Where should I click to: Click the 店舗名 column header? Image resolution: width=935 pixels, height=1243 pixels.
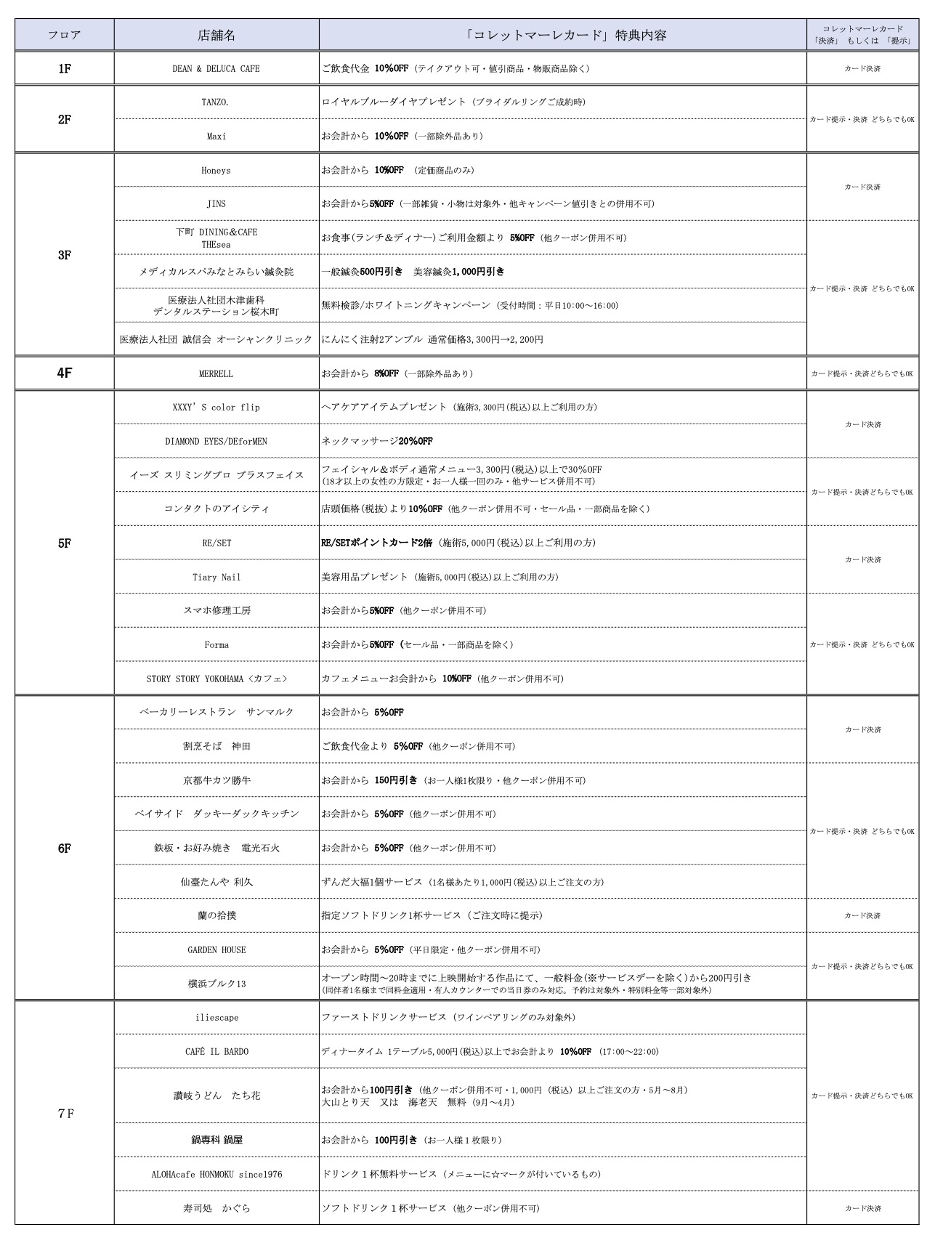(x=216, y=35)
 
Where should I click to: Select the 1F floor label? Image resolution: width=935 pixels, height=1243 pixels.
(x=65, y=68)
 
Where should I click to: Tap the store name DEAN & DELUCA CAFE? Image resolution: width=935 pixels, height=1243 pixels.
(x=216, y=69)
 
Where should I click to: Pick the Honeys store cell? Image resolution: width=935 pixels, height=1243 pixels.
(x=216, y=171)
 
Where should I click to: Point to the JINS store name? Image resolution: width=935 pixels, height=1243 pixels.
(x=216, y=204)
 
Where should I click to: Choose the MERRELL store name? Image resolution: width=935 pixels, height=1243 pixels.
(x=216, y=374)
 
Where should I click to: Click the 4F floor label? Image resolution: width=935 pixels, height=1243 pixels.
(x=65, y=373)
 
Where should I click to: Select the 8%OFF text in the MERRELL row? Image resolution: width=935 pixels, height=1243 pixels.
(x=386, y=373)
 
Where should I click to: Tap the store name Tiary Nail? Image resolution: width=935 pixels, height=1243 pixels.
(x=216, y=578)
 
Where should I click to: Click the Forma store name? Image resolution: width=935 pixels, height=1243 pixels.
(x=216, y=645)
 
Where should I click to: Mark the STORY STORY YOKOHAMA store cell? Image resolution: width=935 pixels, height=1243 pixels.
(x=216, y=679)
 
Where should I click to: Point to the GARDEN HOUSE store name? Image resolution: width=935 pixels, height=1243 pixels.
(x=216, y=950)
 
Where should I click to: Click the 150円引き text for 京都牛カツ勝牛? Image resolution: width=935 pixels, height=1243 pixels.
(x=396, y=780)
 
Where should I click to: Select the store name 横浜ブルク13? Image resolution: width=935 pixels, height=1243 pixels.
(x=216, y=984)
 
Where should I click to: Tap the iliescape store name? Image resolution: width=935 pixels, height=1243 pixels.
(x=216, y=1018)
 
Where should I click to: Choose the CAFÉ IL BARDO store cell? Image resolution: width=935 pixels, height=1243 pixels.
(x=216, y=1052)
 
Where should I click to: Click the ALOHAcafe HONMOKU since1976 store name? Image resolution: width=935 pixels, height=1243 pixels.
(x=216, y=1175)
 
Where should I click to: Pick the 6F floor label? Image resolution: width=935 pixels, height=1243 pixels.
(x=65, y=849)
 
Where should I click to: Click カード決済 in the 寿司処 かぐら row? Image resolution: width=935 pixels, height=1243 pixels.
(x=862, y=1209)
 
